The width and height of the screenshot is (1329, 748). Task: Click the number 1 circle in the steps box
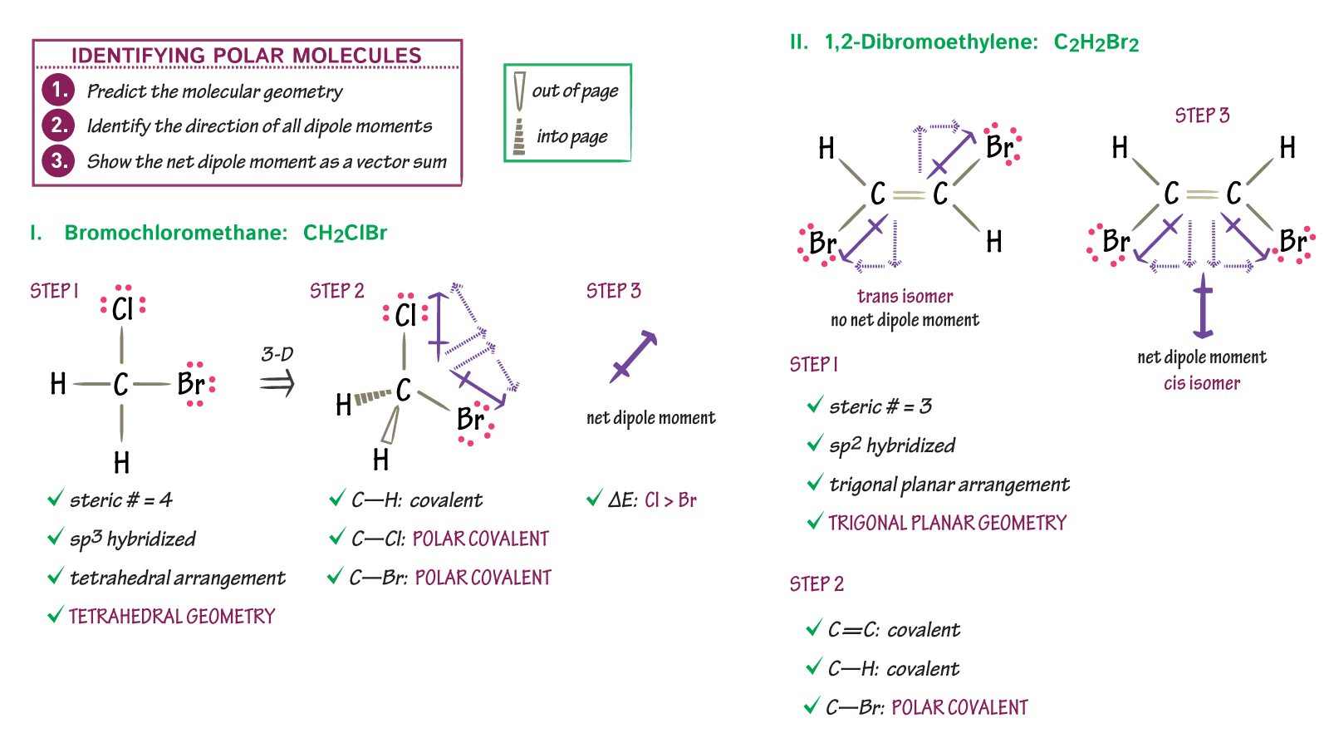[58, 90]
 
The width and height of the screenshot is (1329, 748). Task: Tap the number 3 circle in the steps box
[58, 160]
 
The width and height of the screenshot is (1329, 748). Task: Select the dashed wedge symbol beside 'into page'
[519, 136]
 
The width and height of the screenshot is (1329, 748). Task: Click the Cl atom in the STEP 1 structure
[122, 310]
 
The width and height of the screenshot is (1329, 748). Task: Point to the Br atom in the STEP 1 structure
[191, 384]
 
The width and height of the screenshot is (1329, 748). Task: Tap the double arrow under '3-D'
[277, 384]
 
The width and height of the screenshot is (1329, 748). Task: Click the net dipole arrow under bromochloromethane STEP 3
[633, 357]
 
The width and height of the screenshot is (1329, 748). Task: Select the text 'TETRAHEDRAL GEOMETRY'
[172, 617]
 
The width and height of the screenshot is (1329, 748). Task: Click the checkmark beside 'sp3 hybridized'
[56, 538]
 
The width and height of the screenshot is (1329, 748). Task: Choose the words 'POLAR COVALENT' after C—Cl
[481, 539]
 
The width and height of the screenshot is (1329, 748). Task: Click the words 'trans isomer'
[905, 297]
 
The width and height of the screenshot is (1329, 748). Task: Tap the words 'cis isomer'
[1201, 384]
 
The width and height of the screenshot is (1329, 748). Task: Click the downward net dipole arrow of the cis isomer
[1202, 308]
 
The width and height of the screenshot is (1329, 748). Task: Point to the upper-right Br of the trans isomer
[999, 148]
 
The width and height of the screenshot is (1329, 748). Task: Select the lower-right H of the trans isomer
[994, 242]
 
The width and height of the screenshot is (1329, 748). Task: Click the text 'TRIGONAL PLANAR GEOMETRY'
[947, 524]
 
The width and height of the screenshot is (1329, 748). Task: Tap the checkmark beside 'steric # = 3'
[815, 406]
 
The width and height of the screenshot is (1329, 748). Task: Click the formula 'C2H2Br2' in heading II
[1096, 43]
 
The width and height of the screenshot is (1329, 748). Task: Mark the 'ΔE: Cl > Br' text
[652, 500]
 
